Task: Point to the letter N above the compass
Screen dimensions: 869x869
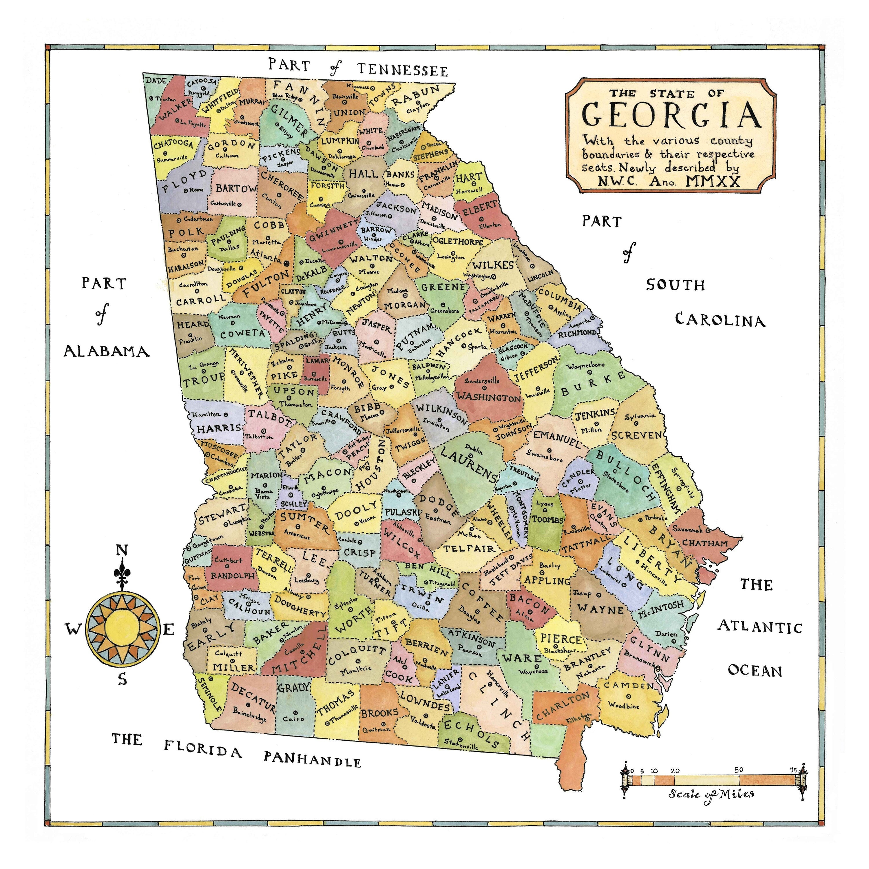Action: [122, 550]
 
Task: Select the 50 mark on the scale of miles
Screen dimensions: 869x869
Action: [739, 770]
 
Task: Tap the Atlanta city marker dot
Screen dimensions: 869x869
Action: [286, 261]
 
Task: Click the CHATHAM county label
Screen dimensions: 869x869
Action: [705, 543]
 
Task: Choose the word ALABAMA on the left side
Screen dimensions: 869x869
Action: [107, 351]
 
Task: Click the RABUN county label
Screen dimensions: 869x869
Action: [415, 96]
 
